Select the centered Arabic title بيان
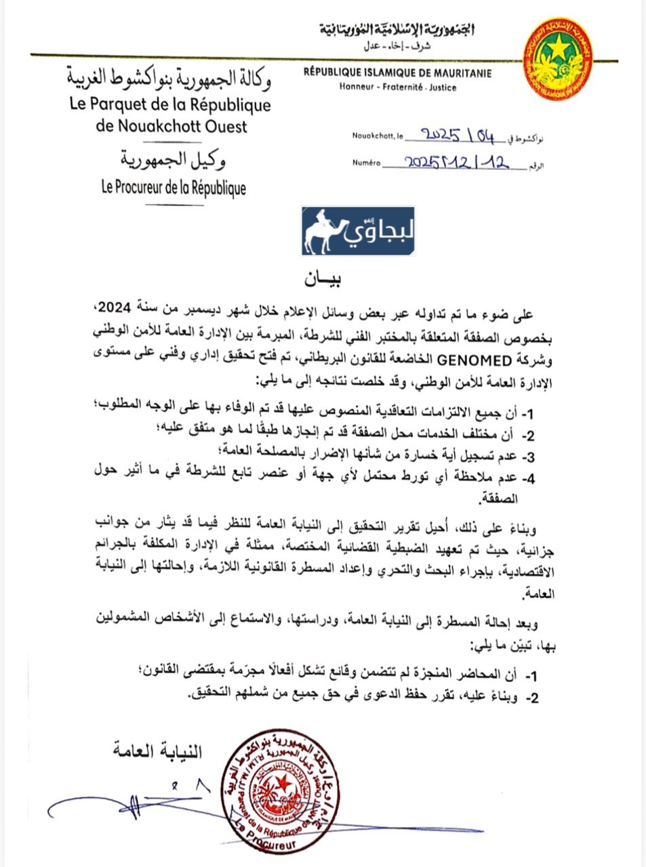pos(323,277)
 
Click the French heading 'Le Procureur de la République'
pos(174,188)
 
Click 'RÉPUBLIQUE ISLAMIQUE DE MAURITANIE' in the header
pos(397,74)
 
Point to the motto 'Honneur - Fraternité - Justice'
pos(398,87)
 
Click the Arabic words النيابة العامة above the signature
pos(157,750)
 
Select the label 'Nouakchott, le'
pos(378,136)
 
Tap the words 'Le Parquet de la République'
pos(170,105)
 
